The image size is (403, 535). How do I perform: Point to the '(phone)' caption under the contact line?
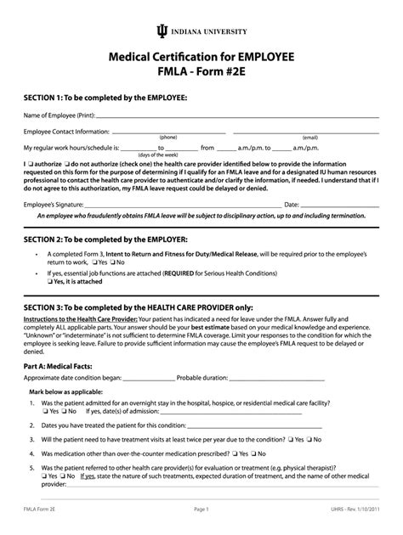[x=168, y=137]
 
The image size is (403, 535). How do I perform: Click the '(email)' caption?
[x=309, y=137]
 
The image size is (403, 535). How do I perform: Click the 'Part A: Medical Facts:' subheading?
[x=66, y=389]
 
